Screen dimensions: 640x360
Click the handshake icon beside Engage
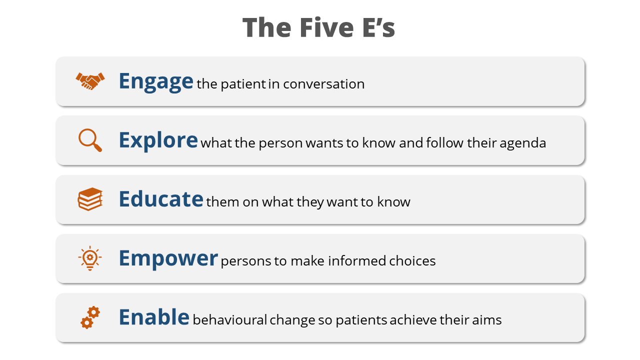click(90, 81)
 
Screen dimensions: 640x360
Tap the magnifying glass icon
click(90, 140)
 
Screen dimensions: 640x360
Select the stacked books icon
click(90, 199)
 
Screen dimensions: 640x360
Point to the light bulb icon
click(90, 258)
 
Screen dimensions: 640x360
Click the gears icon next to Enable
click(90, 317)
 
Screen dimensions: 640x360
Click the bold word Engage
click(156, 81)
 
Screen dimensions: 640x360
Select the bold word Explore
click(158, 140)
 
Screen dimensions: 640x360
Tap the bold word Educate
click(161, 199)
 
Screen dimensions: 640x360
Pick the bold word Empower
click(168, 258)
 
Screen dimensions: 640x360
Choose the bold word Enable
click(154, 317)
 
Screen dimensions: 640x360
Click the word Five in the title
click(327, 27)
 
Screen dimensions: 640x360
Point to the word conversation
click(323, 84)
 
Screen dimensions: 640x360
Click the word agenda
click(523, 143)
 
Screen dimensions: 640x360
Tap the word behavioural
click(230, 319)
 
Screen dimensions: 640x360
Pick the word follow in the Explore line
click(445, 143)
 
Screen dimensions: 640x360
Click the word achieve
click(413, 319)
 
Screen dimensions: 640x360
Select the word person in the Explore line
click(280, 143)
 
